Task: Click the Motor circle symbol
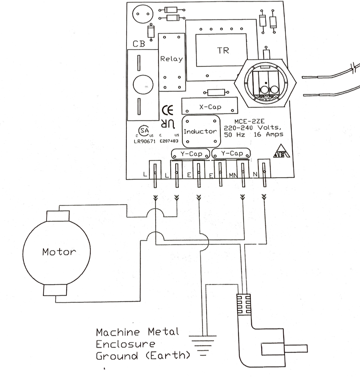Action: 56,252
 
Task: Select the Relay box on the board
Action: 172,62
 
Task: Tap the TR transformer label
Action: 223,51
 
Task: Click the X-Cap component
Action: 210,107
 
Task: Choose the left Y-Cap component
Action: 191,154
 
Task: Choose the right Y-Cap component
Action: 231,154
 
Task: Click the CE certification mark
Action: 168,110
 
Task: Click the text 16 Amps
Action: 268,134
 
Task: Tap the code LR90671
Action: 144,141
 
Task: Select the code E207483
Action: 169,141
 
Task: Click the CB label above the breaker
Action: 139,44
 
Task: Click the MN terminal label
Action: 233,175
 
